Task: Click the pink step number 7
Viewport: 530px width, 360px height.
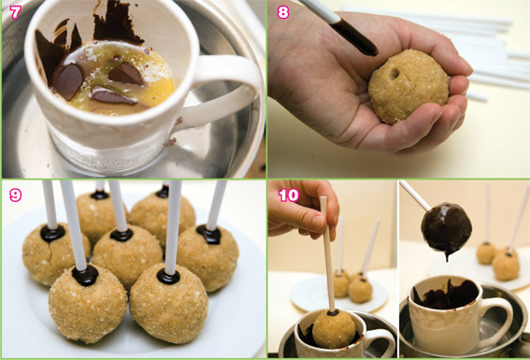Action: pyautogui.click(x=15, y=12)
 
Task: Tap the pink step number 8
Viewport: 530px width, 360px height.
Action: pyautogui.click(x=283, y=12)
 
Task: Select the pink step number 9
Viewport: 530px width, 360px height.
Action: pyautogui.click(x=15, y=195)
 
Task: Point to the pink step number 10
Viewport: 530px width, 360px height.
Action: pyautogui.click(x=289, y=195)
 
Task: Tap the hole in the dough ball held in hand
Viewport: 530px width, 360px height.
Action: pyautogui.click(x=394, y=73)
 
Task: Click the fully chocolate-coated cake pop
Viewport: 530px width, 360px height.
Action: pyautogui.click(x=446, y=227)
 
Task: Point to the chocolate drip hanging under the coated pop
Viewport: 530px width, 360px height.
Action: pyautogui.click(x=447, y=256)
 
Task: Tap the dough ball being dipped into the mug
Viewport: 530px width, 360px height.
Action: pyautogui.click(x=334, y=329)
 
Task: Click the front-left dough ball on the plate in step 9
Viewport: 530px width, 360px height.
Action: pyautogui.click(x=88, y=304)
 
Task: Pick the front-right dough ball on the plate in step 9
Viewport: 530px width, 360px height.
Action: pyautogui.click(x=168, y=304)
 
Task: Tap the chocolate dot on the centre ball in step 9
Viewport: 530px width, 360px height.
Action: pyautogui.click(x=122, y=235)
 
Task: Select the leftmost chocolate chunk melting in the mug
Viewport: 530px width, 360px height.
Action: pyautogui.click(x=67, y=81)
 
